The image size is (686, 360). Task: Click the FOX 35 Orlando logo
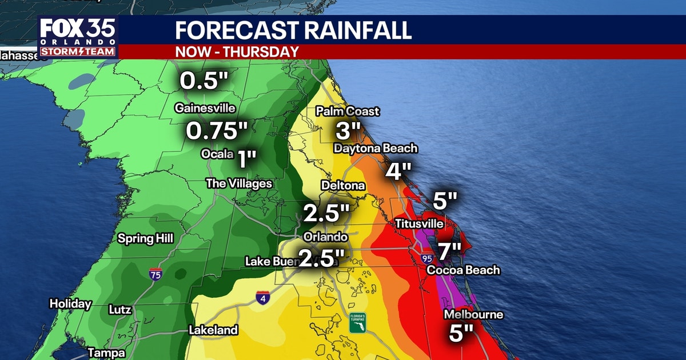(x=78, y=37)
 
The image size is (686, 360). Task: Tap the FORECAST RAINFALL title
(x=293, y=30)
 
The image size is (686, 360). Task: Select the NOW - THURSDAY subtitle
(x=237, y=51)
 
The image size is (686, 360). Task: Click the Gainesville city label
(x=205, y=108)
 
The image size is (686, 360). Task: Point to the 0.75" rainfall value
(x=217, y=131)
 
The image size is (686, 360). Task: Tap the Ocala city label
(x=217, y=154)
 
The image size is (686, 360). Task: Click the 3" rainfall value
(x=346, y=131)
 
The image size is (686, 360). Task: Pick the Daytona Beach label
(x=376, y=149)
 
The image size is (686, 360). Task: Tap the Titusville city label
(x=419, y=224)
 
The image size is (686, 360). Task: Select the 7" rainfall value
(x=449, y=250)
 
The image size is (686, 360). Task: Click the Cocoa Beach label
(x=464, y=270)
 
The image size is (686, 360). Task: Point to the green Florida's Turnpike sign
(x=358, y=323)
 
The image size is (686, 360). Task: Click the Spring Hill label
(x=145, y=238)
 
